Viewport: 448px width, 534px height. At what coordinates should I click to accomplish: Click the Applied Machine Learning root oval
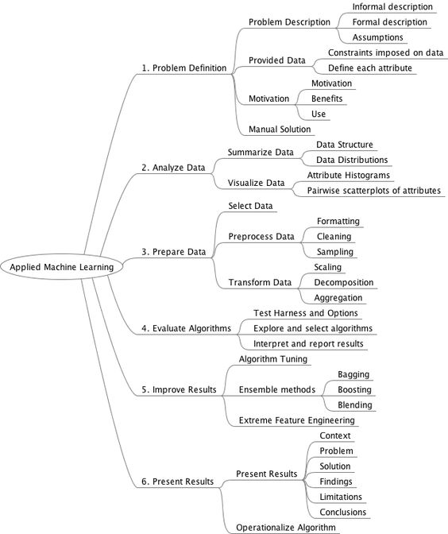click(61, 267)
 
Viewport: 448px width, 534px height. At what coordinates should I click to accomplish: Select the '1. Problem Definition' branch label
click(183, 68)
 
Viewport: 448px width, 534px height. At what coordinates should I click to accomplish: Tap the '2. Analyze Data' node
click(173, 168)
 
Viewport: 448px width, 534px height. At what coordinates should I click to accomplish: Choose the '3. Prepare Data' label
click(173, 252)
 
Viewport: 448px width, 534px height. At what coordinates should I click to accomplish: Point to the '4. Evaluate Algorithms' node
click(186, 327)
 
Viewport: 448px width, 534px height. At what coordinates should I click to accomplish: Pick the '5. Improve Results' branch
click(179, 389)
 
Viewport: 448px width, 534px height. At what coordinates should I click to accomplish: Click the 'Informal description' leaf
click(392, 6)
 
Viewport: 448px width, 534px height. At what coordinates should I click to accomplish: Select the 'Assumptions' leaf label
click(377, 37)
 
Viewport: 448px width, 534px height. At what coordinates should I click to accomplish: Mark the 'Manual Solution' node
click(279, 129)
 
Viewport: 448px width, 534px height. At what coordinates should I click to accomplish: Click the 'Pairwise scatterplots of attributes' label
click(374, 190)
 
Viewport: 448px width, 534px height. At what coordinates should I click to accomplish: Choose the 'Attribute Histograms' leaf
click(348, 175)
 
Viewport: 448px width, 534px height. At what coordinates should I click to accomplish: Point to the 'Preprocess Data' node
click(261, 236)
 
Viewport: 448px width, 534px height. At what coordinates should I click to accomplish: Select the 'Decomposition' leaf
click(343, 282)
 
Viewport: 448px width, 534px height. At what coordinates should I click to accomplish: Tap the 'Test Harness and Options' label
click(304, 313)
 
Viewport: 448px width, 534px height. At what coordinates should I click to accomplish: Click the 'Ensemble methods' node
click(277, 389)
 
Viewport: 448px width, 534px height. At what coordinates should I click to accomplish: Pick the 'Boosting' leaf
click(353, 389)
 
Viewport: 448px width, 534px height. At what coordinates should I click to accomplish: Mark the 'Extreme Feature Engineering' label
click(296, 420)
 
